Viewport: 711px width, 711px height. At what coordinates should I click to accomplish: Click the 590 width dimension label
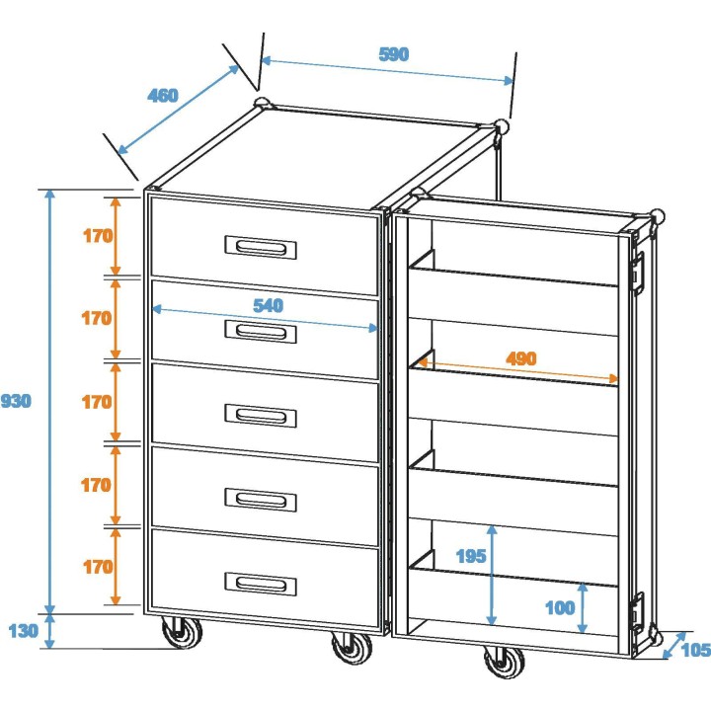tap(393, 54)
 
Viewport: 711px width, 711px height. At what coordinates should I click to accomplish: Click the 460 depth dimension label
tap(163, 96)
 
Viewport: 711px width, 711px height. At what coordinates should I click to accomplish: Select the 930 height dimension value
tap(16, 401)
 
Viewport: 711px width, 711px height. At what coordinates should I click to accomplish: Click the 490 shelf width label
tap(520, 358)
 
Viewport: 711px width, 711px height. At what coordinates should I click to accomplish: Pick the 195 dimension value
tap(471, 556)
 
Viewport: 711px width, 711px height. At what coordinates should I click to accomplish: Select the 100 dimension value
tap(559, 607)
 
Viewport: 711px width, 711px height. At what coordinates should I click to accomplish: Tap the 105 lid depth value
tap(696, 649)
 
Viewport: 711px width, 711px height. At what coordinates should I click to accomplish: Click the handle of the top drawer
tap(261, 247)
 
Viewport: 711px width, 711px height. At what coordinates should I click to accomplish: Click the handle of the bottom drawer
tap(261, 584)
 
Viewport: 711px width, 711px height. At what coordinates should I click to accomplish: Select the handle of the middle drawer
tap(261, 416)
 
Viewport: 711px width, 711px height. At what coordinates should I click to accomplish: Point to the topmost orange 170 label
tap(97, 236)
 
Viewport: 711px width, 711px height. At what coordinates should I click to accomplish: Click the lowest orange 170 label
tap(97, 567)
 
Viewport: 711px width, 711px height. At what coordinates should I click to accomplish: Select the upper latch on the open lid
tap(638, 269)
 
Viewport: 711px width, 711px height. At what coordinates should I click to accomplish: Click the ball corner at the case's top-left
tap(262, 103)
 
